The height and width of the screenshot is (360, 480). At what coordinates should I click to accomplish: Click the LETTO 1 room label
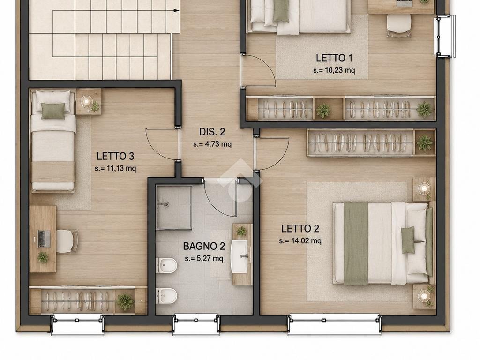point(334,58)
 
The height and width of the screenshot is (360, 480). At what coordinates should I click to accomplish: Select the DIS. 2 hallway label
point(212,132)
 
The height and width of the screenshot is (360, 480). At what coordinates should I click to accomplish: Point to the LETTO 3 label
point(115,156)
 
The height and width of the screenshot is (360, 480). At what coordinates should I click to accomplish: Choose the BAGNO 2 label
point(204,246)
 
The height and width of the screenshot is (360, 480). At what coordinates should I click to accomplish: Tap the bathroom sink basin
point(240,256)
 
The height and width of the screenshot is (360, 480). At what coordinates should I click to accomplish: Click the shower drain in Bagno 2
point(166,204)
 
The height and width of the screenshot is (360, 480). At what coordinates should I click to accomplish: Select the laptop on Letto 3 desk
point(44,239)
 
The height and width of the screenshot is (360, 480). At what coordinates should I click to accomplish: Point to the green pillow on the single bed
point(53,111)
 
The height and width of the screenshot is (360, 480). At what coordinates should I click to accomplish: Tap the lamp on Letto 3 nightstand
point(86,101)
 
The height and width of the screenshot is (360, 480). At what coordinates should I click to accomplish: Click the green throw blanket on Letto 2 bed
point(356,243)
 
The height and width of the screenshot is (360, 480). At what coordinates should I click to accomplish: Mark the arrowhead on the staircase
point(177,11)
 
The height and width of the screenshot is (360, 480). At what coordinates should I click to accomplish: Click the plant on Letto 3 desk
point(43,257)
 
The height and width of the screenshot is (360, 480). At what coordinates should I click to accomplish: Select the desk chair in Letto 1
point(398,24)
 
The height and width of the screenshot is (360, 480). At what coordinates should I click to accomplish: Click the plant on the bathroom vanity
point(241,232)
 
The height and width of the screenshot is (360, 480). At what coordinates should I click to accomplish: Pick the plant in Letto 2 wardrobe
point(425,143)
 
